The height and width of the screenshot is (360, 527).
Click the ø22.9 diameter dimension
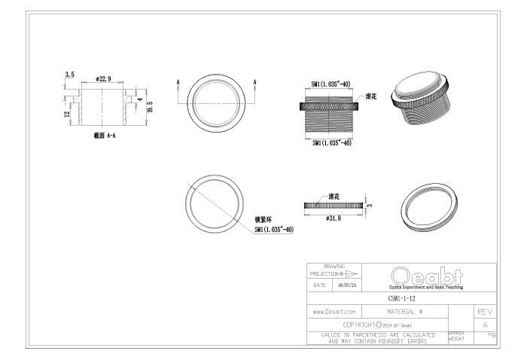click(x=103, y=78)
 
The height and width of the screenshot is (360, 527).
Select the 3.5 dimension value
click(x=69, y=75)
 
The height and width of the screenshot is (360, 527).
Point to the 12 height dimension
click(x=67, y=114)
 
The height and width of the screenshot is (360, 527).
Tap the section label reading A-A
click(x=111, y=136)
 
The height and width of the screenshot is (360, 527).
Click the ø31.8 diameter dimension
click(x=334, y=218)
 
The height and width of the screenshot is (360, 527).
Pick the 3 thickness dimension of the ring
click(x=370, y=205)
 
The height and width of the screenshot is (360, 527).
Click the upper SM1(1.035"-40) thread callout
click(x=331, y=84)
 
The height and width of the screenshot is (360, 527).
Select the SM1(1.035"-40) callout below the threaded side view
click(x=332, y=143)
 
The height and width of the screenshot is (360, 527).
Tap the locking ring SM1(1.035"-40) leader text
click(x=274, y=229)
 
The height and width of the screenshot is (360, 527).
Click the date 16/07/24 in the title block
click(x=347, y=285)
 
